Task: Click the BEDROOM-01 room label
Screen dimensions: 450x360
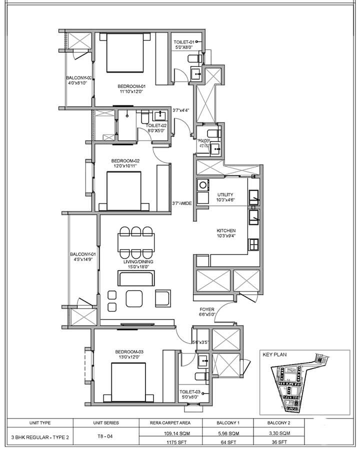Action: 124,85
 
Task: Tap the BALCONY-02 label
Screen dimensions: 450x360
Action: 79,78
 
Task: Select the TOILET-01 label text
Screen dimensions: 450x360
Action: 183,42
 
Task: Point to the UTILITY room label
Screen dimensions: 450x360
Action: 226,194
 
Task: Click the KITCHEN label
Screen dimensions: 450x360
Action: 226,230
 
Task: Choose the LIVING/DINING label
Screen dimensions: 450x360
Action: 138,261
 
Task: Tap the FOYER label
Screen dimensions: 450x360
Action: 207,309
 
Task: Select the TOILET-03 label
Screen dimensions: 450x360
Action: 189,392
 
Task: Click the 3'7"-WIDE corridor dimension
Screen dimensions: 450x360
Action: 182,203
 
